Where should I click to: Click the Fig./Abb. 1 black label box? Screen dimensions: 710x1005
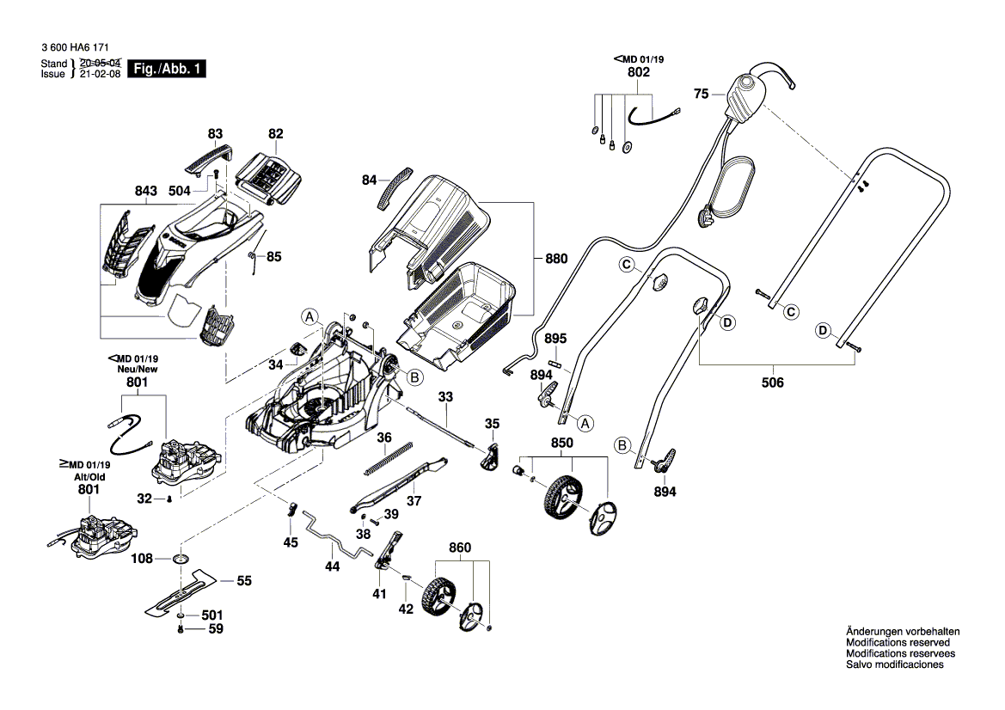tap(166, 69)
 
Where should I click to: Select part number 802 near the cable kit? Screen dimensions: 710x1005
tap(638, 73)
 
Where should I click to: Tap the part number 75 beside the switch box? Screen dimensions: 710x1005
tap(701, 95)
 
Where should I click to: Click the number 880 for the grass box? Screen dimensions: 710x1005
tap(557, 257)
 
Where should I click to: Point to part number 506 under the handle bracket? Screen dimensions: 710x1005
tap(772, 383)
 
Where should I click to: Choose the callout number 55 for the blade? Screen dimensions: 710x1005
tap(244, 581)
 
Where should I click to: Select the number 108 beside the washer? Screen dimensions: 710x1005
tap(143, 559)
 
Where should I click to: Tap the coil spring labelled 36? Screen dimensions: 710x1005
tap(389, 457)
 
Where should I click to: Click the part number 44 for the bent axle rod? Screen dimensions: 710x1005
tap(333, 566)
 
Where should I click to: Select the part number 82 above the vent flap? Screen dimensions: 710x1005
tap(275, 134)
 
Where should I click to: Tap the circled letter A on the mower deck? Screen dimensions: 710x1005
tap(309, 316)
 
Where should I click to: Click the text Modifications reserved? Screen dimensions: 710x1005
tap(898, 642)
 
